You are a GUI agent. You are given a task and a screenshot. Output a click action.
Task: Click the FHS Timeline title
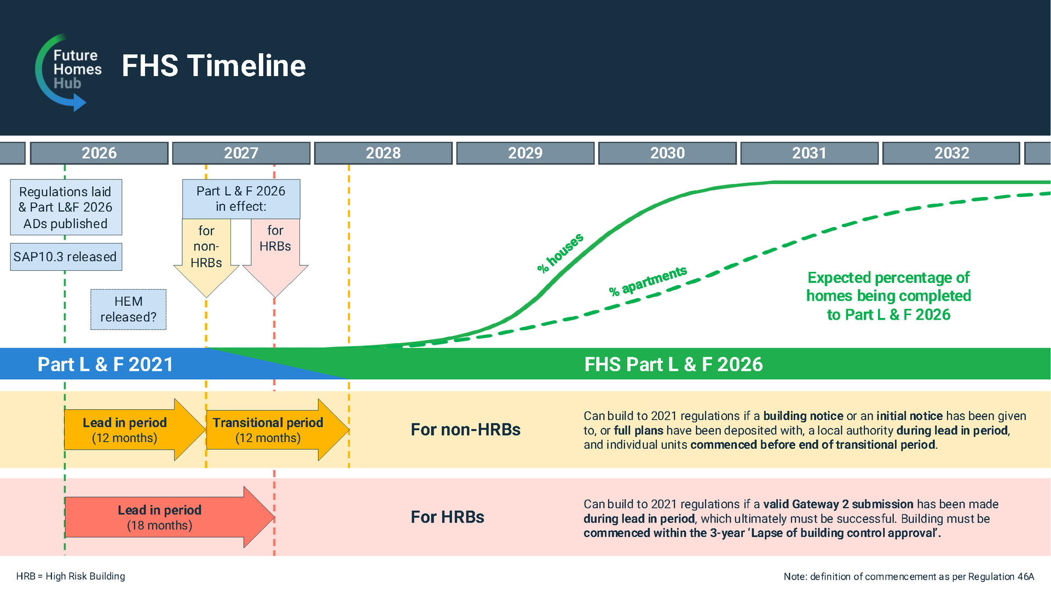point(213,66)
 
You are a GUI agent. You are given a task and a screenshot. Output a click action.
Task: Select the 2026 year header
point(99,153)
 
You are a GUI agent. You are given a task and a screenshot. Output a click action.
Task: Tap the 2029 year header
point(525,153)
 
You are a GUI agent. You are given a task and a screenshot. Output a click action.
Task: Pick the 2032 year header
point(951,153)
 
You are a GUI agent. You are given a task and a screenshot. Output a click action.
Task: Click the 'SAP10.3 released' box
point(66,257)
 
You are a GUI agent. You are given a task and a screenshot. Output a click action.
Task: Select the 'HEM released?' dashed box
point(128,309)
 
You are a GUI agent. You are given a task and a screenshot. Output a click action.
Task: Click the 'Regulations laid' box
point(66,207)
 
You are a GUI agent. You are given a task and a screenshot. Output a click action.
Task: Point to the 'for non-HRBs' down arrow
point(206,257)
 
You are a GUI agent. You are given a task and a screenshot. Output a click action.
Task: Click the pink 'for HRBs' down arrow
point(275,257)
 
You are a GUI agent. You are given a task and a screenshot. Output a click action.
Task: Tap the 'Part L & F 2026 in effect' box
point(241,199)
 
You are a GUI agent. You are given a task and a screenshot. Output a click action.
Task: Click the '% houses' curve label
point(560,253)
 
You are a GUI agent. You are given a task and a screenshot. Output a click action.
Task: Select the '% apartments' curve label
point(648,281)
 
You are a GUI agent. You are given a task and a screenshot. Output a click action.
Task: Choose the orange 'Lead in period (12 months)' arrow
point(135,430)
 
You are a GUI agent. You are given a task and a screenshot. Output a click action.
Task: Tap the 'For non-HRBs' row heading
point(465,430)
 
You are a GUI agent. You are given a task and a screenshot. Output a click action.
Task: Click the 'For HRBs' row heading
point(447,517)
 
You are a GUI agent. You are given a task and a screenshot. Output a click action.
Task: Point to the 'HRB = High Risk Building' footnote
point(71,576)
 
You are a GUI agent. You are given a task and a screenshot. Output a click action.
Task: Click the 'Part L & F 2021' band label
point(105,364)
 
